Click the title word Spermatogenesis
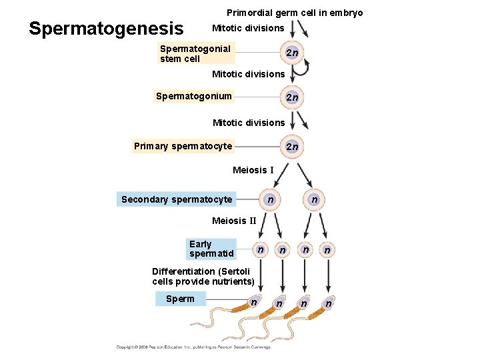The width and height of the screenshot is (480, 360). click(x=106, y=29)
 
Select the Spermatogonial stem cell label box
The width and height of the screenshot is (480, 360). click(x=197, y=53)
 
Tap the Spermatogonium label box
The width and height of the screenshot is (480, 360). click(x=194, y=96)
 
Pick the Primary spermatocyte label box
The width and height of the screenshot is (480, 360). click(x=183, y=146)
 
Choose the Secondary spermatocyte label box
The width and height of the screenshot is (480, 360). click(x=177, y=199)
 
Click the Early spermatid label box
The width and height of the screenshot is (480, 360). click(x=211, y=249)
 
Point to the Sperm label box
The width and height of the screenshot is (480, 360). click(x=180, y=299)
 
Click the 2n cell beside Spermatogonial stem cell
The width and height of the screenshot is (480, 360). click(x=291, y=53)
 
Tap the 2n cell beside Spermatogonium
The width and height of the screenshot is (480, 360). click(x=291, y=97)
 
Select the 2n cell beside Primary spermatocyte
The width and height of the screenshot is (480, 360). click(x=291, y=147)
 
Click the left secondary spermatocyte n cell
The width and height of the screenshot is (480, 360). click(x=269, y=199)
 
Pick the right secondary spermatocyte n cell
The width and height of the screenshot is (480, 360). click(x=314, y=199)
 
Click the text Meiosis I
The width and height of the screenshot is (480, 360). click(x=253, y=170)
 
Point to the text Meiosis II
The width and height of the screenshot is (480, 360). click(x=234, y=221)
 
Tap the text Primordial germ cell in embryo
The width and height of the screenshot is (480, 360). click(x=295, y=13)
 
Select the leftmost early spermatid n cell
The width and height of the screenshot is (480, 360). click(x=261, y=249)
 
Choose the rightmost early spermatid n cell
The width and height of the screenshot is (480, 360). click(x=327, y=250)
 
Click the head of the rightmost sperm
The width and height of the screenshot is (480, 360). click(x=327, y=303)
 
